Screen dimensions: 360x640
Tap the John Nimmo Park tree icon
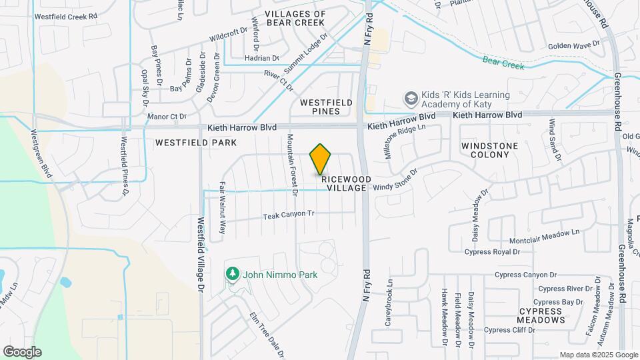(x=233, y=273)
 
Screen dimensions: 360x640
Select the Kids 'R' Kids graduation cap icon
(x=411, y=99)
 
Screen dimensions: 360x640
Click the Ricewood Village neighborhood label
(x=345, y=183)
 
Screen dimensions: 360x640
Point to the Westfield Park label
(x=196, y=143)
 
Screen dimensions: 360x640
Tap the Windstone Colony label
(x=485, y=149)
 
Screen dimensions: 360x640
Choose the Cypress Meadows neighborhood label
(x=542, y=315)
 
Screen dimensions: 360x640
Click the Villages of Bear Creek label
(x=295, y=18)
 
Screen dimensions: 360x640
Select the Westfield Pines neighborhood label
(x=326, y=107)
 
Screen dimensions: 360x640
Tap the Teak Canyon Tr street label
(x=288, y=215)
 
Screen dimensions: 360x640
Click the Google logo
(x=22, y=351)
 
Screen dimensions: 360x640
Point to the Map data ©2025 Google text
(x=598, y=355)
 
